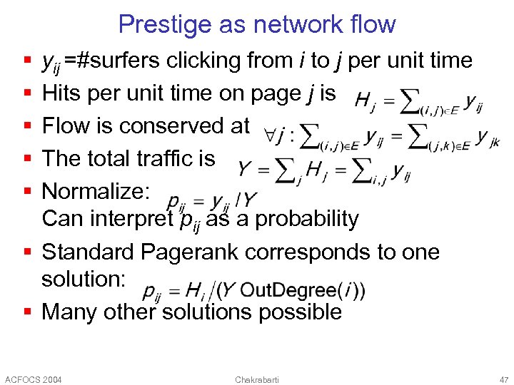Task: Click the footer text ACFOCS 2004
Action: [x=33, y=379]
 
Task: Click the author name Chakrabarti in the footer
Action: [x=256, y=379]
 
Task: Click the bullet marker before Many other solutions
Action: [x=26, y=312]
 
